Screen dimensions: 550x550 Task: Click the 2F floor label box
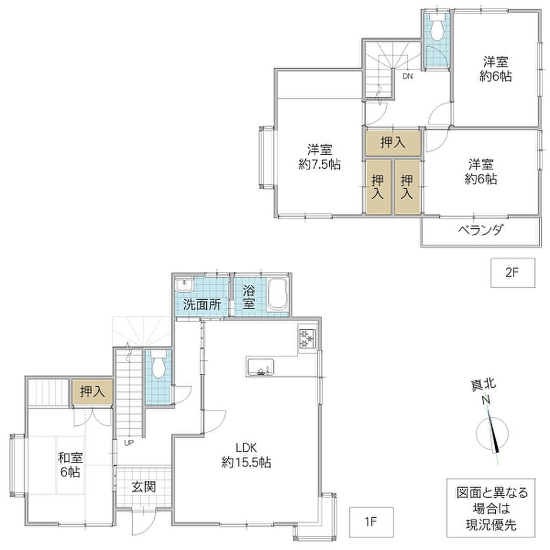(x=512, y=272)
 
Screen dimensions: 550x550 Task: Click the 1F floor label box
(x=372, y=522)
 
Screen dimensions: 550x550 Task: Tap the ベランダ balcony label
(x=481, y=230)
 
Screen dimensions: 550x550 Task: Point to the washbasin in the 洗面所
(x=185, y=284)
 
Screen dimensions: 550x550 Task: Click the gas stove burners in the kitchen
(x=307, y=339)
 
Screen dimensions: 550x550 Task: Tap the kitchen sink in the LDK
(x=260, y=367)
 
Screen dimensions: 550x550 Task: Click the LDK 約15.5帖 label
(x=246, y=455)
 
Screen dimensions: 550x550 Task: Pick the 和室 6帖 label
(x=70, y=465)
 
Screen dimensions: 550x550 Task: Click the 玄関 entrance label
(x=144, y=487)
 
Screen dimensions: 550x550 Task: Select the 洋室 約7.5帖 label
(x=320, y=157)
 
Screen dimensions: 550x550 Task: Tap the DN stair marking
(x=408, y=76)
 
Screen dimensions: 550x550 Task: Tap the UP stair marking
(x=129, y=443)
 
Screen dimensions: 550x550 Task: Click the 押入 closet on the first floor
(x=92, y=392)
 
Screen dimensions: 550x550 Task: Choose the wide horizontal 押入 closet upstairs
(x=393, y=143)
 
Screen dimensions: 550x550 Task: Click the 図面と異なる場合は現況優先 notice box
(x=491, y=508)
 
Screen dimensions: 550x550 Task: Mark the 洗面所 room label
(x=202, y=304)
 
